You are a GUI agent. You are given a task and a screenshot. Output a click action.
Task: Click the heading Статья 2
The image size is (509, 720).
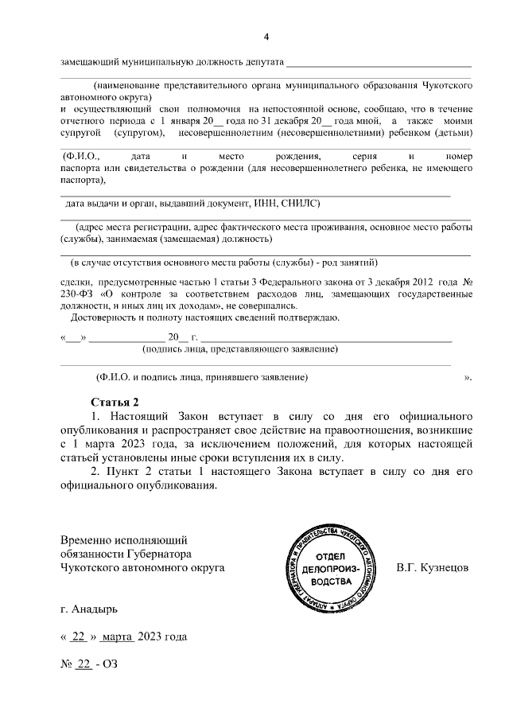coord(118,401)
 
